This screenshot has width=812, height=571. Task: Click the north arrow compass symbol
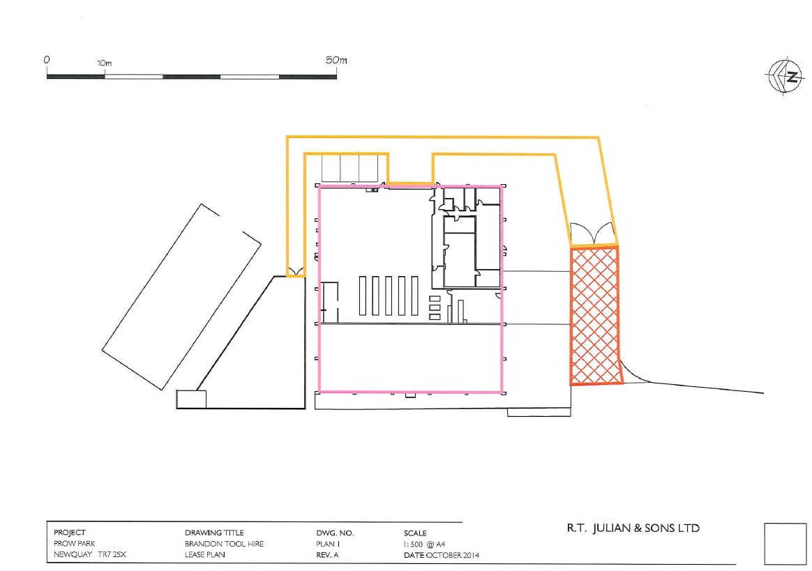785,76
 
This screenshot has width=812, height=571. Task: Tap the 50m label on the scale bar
337,60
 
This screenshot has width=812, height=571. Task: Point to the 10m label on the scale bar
104,63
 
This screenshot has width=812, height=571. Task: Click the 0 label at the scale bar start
47,60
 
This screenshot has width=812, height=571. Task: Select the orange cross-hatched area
595,315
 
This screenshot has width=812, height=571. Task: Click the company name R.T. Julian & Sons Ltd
633,528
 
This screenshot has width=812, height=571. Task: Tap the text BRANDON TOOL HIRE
224,544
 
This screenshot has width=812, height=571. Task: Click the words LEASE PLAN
205,554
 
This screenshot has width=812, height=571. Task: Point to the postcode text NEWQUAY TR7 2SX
89,554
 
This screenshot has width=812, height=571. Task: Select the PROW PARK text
75,544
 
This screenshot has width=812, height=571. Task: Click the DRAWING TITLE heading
214,532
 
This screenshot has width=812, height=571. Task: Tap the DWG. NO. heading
335,533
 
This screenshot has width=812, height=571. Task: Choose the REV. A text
327,555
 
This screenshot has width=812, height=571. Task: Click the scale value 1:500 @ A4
424,544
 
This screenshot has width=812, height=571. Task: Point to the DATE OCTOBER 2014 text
441,555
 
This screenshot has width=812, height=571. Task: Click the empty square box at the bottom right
785,544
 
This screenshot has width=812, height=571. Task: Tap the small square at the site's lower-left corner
192,399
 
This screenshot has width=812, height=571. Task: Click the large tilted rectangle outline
181,296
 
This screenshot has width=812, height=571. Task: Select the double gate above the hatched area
592,234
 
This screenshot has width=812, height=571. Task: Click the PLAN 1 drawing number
328,544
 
